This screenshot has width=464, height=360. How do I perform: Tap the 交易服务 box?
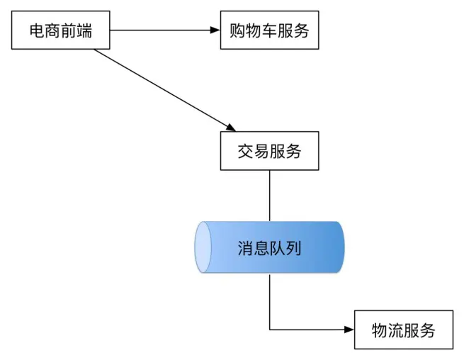[269, 151]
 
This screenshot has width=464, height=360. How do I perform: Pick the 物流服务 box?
[403, 330]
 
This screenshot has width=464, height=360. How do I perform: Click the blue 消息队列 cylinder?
[270, 247]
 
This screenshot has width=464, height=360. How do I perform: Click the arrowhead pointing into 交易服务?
[231, 126]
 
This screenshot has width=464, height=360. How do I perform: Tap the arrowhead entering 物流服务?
[349, 330]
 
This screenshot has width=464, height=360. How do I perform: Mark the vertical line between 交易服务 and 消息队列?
[270, 195]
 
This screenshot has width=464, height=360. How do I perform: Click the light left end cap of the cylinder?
[203, 247]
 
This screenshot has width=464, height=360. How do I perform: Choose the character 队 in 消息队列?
[278, 247]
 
